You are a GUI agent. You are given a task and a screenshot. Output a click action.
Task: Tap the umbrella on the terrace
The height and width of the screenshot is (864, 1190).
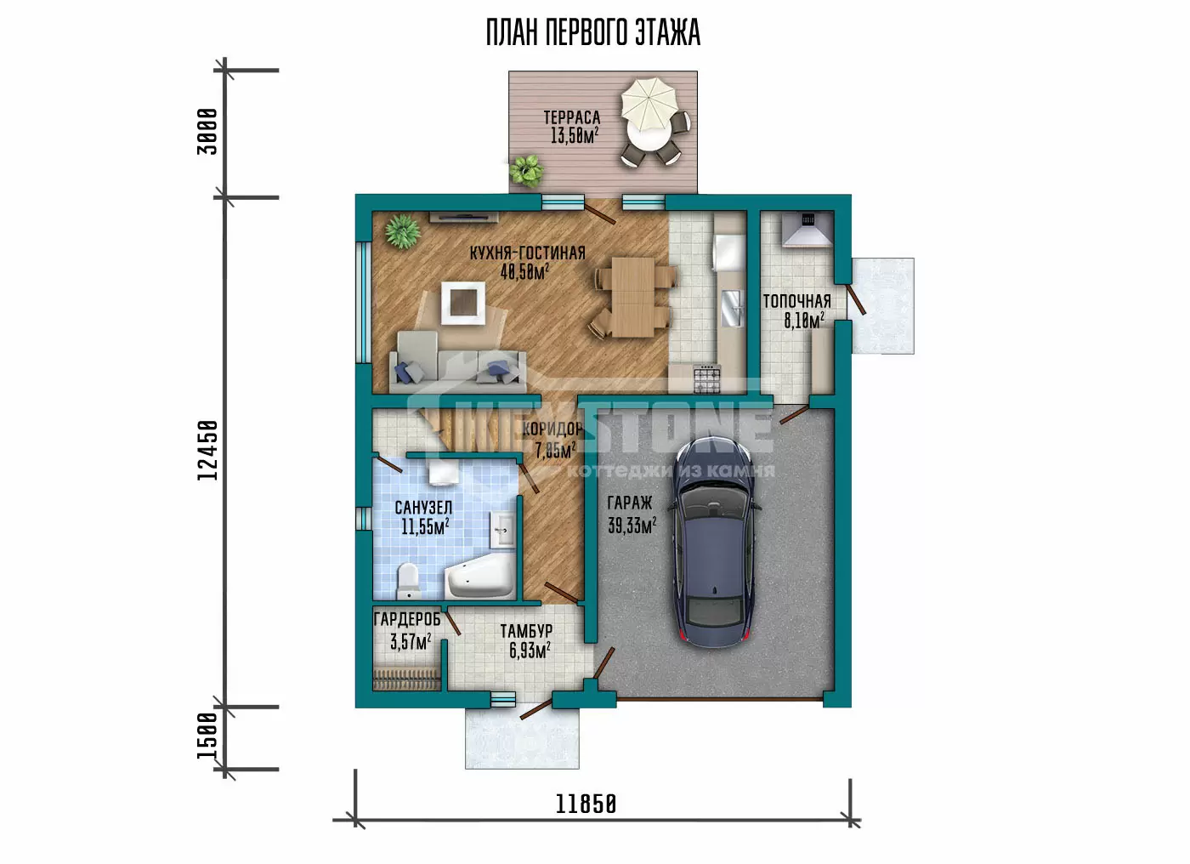pos(649,105)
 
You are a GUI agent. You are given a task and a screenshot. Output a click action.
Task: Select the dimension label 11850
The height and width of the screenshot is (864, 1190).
pos(586,804)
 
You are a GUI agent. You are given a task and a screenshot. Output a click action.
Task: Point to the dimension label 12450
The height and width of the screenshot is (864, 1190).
pos(207,451)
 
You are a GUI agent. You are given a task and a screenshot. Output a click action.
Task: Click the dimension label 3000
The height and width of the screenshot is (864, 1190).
pos(207,132)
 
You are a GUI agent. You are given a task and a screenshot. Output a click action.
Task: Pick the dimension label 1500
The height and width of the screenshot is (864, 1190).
pos(207,736)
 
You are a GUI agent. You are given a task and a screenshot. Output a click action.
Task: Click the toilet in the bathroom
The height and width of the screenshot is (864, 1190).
pos(408,580)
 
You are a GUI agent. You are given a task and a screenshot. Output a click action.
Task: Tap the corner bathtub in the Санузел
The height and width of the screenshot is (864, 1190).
pos(479,576)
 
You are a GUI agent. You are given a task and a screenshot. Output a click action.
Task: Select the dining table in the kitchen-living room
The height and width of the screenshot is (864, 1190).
pos(632,297)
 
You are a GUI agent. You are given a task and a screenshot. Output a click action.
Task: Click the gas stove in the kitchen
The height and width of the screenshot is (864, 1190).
pos(707,378)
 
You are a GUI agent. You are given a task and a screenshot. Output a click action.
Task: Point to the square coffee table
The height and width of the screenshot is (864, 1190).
pos(462,303)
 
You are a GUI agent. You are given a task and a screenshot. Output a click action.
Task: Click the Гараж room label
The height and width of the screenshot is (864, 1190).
pos(630,503)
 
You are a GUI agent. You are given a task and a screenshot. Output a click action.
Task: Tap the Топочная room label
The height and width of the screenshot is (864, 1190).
pos(797,301)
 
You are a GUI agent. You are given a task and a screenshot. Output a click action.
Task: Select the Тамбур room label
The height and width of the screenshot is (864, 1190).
pos(526,631)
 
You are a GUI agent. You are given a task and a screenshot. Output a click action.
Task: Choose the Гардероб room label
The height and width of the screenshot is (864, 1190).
pos(407,619)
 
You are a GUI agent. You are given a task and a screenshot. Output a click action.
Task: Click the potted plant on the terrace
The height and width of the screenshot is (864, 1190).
pos(526,171)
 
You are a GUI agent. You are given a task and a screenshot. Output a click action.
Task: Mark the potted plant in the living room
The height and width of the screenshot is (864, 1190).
pos(403,231)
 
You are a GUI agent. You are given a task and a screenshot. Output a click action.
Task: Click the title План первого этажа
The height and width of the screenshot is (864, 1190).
pos(593,32)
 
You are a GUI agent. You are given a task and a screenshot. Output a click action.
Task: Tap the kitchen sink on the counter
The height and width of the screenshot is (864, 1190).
pos(732,308)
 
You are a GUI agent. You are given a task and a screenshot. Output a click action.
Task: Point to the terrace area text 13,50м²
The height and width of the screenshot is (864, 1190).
pos(575,135)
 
